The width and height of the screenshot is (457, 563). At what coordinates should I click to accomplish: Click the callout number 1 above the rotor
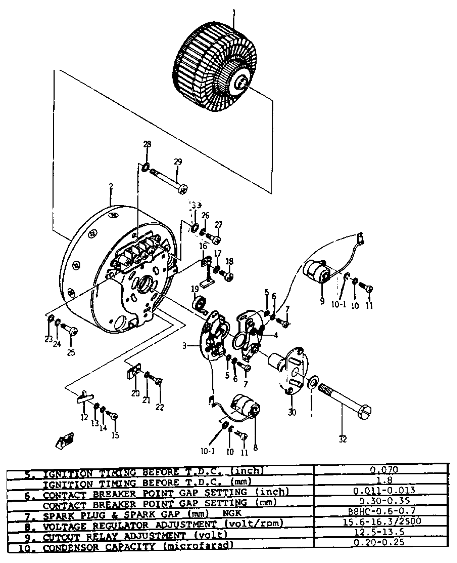(234, 13)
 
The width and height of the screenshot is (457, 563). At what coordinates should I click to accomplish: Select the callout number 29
(178, 162)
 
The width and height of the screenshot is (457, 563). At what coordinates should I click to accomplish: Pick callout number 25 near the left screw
(71, 353)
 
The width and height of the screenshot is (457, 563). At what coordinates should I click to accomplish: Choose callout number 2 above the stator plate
(111, 186)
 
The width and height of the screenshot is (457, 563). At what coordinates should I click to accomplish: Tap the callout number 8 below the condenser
(255, 447)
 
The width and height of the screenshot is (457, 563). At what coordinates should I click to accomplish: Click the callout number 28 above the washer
(147, 144)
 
